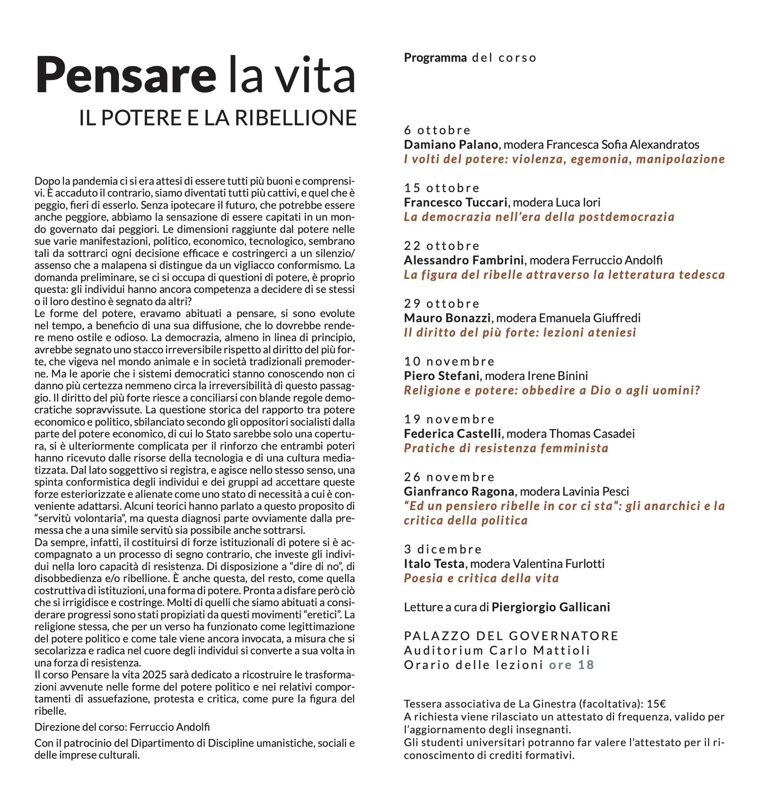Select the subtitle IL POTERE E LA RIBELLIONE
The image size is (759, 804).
218,118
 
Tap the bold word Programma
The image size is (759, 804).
435,58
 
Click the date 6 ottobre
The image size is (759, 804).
437,130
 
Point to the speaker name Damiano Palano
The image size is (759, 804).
451,144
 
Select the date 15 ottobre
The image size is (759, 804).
442,188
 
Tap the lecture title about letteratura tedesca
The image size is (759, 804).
564,275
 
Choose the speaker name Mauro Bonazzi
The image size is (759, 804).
447,318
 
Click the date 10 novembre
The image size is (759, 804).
449,361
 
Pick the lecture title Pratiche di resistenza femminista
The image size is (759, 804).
506,448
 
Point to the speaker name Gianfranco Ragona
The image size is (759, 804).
459,491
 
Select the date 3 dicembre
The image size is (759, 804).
442,549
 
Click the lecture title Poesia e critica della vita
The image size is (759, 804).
481,578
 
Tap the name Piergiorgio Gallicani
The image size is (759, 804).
551,607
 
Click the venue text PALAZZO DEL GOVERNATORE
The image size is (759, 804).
511,636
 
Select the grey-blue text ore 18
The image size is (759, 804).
571,665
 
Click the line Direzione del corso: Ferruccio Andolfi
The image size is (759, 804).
122,727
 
